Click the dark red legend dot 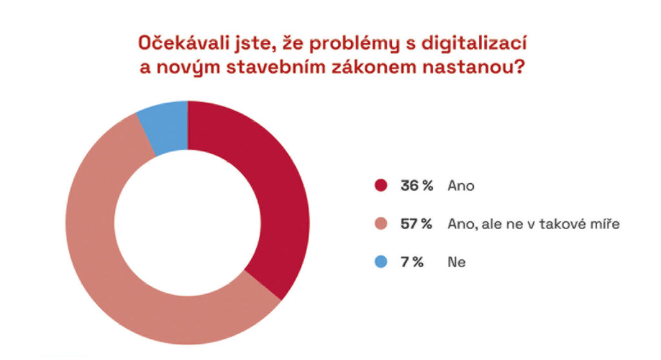[381, 186]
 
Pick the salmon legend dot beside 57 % [381, 224]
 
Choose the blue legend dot [381, 262]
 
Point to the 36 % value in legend [416, 186]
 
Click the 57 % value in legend [416, 224]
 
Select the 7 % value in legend [412, 262]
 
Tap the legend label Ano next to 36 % [462, 186]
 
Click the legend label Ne [456, 262]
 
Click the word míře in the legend [607, 224]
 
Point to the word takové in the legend [566, 224]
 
